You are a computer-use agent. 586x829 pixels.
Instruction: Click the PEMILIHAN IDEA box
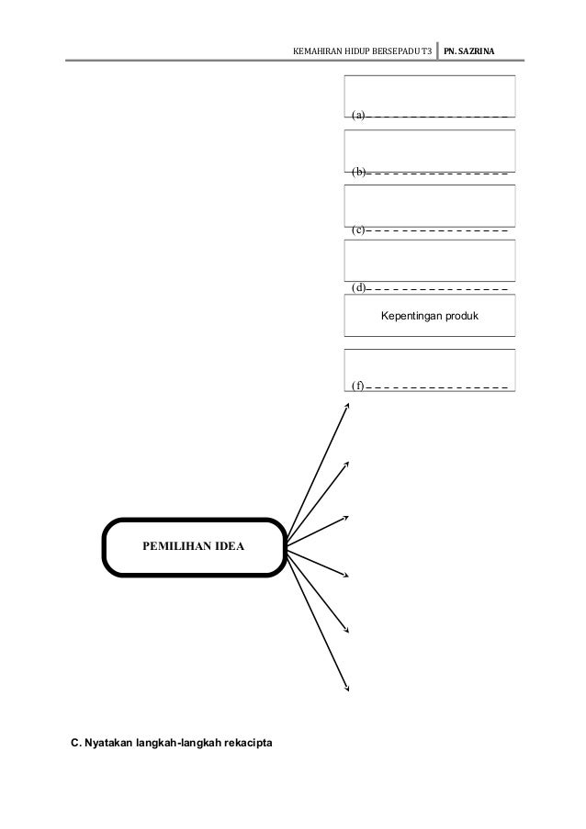click(x=192, y=549)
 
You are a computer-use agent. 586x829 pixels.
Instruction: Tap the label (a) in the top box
click(x=358, y=116)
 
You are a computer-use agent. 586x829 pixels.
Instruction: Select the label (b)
click(x=358, y=172)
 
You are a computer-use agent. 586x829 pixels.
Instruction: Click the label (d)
click(x=358, y=287)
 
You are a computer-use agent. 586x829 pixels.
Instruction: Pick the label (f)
click(x=358, y=386)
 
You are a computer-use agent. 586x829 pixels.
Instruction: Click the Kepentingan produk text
click(x=430, y=317)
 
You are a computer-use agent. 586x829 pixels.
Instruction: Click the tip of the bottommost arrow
click(x=347, y=689)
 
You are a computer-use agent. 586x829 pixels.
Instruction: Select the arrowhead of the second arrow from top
click(x=347, y=463)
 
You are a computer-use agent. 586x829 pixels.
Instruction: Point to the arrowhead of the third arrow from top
click(x=347, y=517)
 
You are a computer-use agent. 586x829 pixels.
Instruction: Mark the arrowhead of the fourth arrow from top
click(x=347, y=576)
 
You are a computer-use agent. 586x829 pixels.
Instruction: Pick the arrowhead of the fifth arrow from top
click(x=347, y=630)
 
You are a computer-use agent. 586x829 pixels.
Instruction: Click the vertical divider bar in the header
click(x=437, y=49)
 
